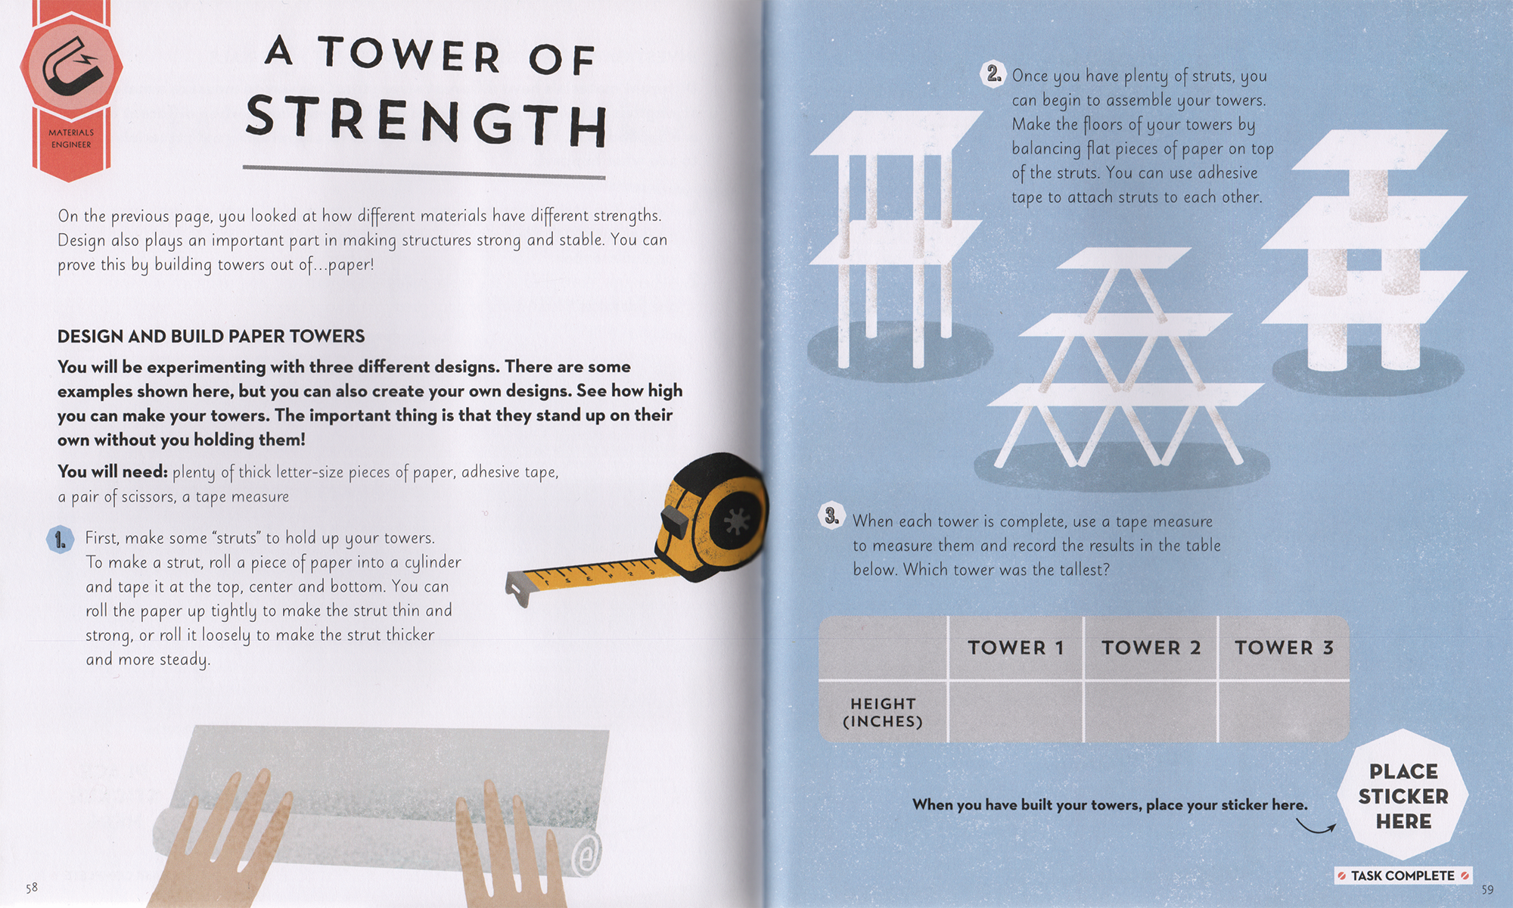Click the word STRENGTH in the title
[426, 121]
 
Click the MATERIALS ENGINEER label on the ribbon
[70, 138]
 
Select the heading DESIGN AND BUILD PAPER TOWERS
[211, 337]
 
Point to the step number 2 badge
[993, 74]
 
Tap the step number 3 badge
[831, 517]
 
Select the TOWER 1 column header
[1015, 648]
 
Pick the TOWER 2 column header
[1151, 648]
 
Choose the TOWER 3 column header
[1284, 648]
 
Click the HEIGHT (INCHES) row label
[883, 713]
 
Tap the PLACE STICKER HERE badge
[1403, 796]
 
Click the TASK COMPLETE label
[1403, 875]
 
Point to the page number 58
[32, 888]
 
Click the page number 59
[1487, 890]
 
